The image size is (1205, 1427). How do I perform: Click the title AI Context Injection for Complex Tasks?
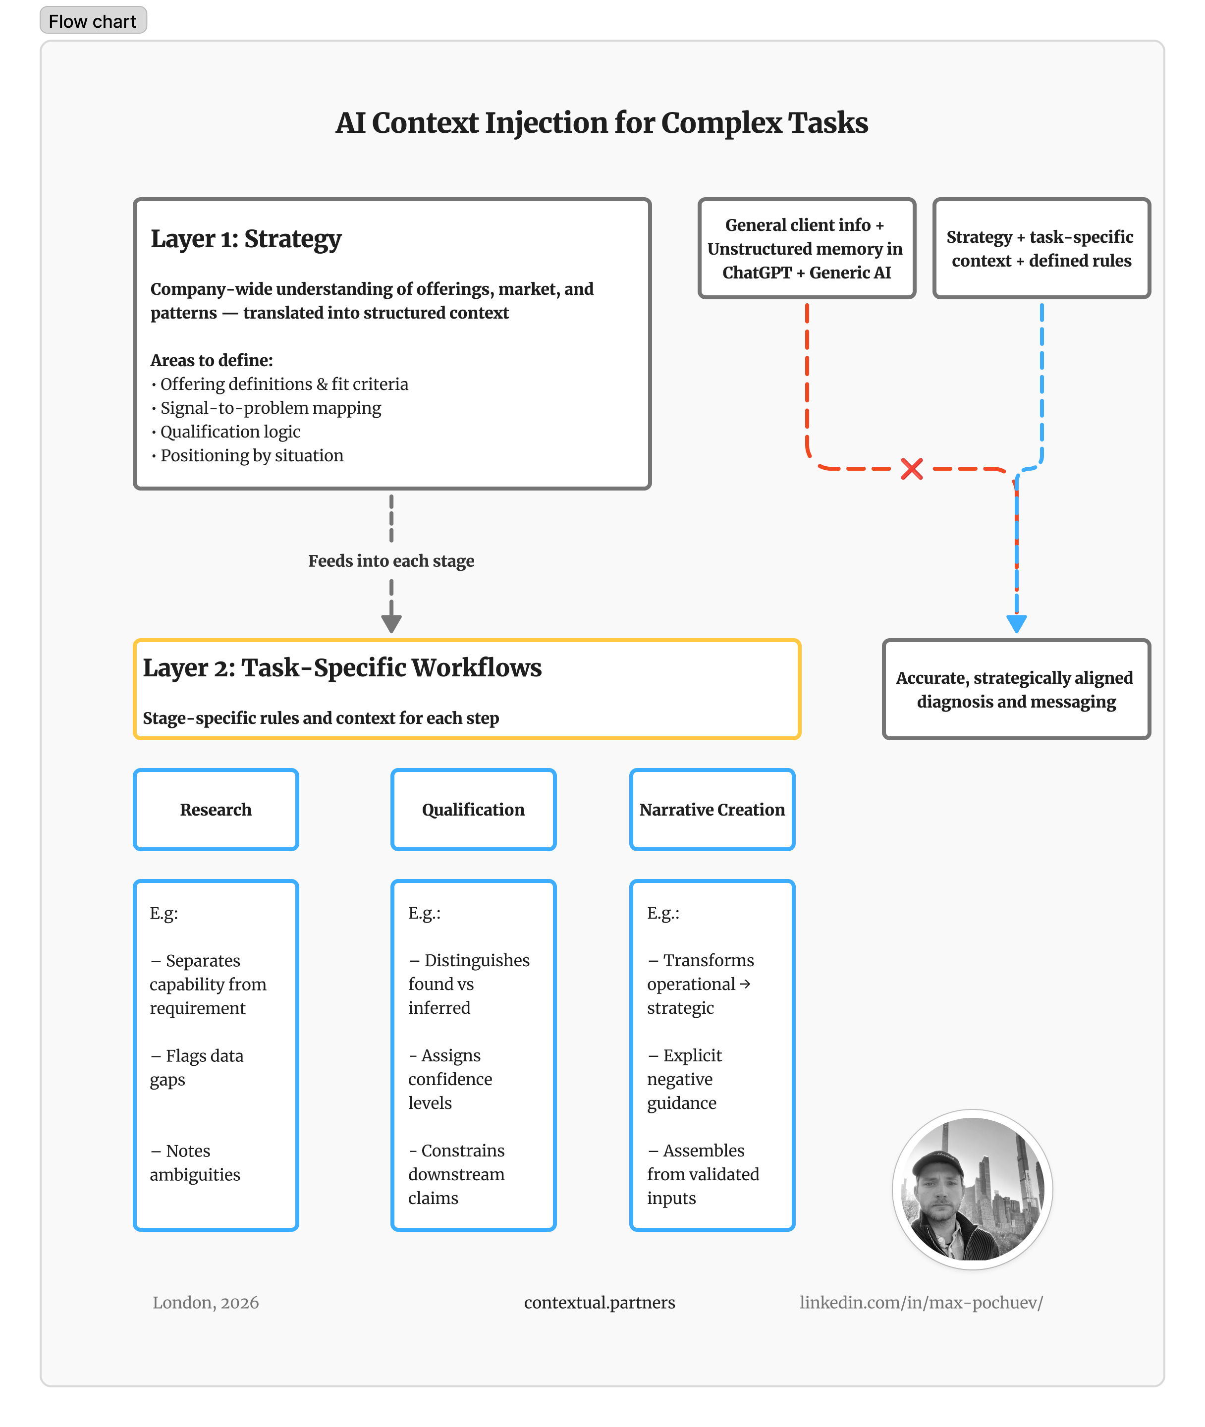pyautogui.click(x=601, y=123)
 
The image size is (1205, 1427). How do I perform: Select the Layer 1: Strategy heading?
pyautogui.click(x=246, y=239)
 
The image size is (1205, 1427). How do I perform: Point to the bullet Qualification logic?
pyautogui.click(x=230, y=432)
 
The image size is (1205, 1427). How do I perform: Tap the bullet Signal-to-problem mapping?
pyautogui.click(x=271, y=408)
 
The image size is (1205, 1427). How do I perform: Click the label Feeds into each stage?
pyautogui.click(x=391, y=561)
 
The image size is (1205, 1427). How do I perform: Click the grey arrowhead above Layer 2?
pyautogui.click(x=391, y=623)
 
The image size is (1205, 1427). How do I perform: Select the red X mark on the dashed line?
pyautogui.click(x=911, y=469)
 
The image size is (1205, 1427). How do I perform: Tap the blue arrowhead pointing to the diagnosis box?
pyautogui.click(x=1016, y=623)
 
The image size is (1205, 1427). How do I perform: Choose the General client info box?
pyautogui.click(x=806, y=249)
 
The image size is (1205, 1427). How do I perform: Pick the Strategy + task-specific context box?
pyautogui.click(x=1041, y=249)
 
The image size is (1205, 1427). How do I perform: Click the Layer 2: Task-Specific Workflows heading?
pyautogui.click(x=341, y=668)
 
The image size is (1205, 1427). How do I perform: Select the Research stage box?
pyautogui.click(x=216, y=810)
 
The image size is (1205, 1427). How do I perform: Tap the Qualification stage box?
pyautogui.click(x=473, y=810)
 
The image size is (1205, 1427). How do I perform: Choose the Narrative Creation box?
pyautogui.click(x=712, y=810)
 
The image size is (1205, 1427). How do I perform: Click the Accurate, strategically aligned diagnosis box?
pyautogui.click(x=1016, y=689)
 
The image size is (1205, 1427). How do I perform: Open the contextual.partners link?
pyautogui.click(x=599, y=1303)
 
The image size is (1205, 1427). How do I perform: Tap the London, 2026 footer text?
pyautogui.click(x=206, y=1303)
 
